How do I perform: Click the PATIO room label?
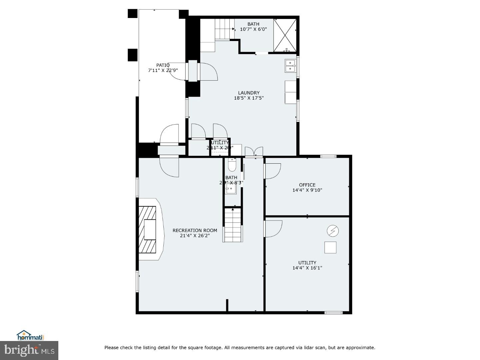(163, 65)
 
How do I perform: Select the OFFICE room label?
(307, 185)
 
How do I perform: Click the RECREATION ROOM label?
(195, 230)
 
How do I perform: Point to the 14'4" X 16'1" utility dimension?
(307, 268)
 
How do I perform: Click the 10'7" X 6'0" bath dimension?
(253, 29)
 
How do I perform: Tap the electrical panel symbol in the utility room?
(333, 231)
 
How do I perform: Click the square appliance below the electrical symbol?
(330, 247)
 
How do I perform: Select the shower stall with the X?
(285, 35)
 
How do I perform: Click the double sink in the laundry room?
(290, 66)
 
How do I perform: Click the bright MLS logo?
(29, 350)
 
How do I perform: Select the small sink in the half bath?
(230, 189)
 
